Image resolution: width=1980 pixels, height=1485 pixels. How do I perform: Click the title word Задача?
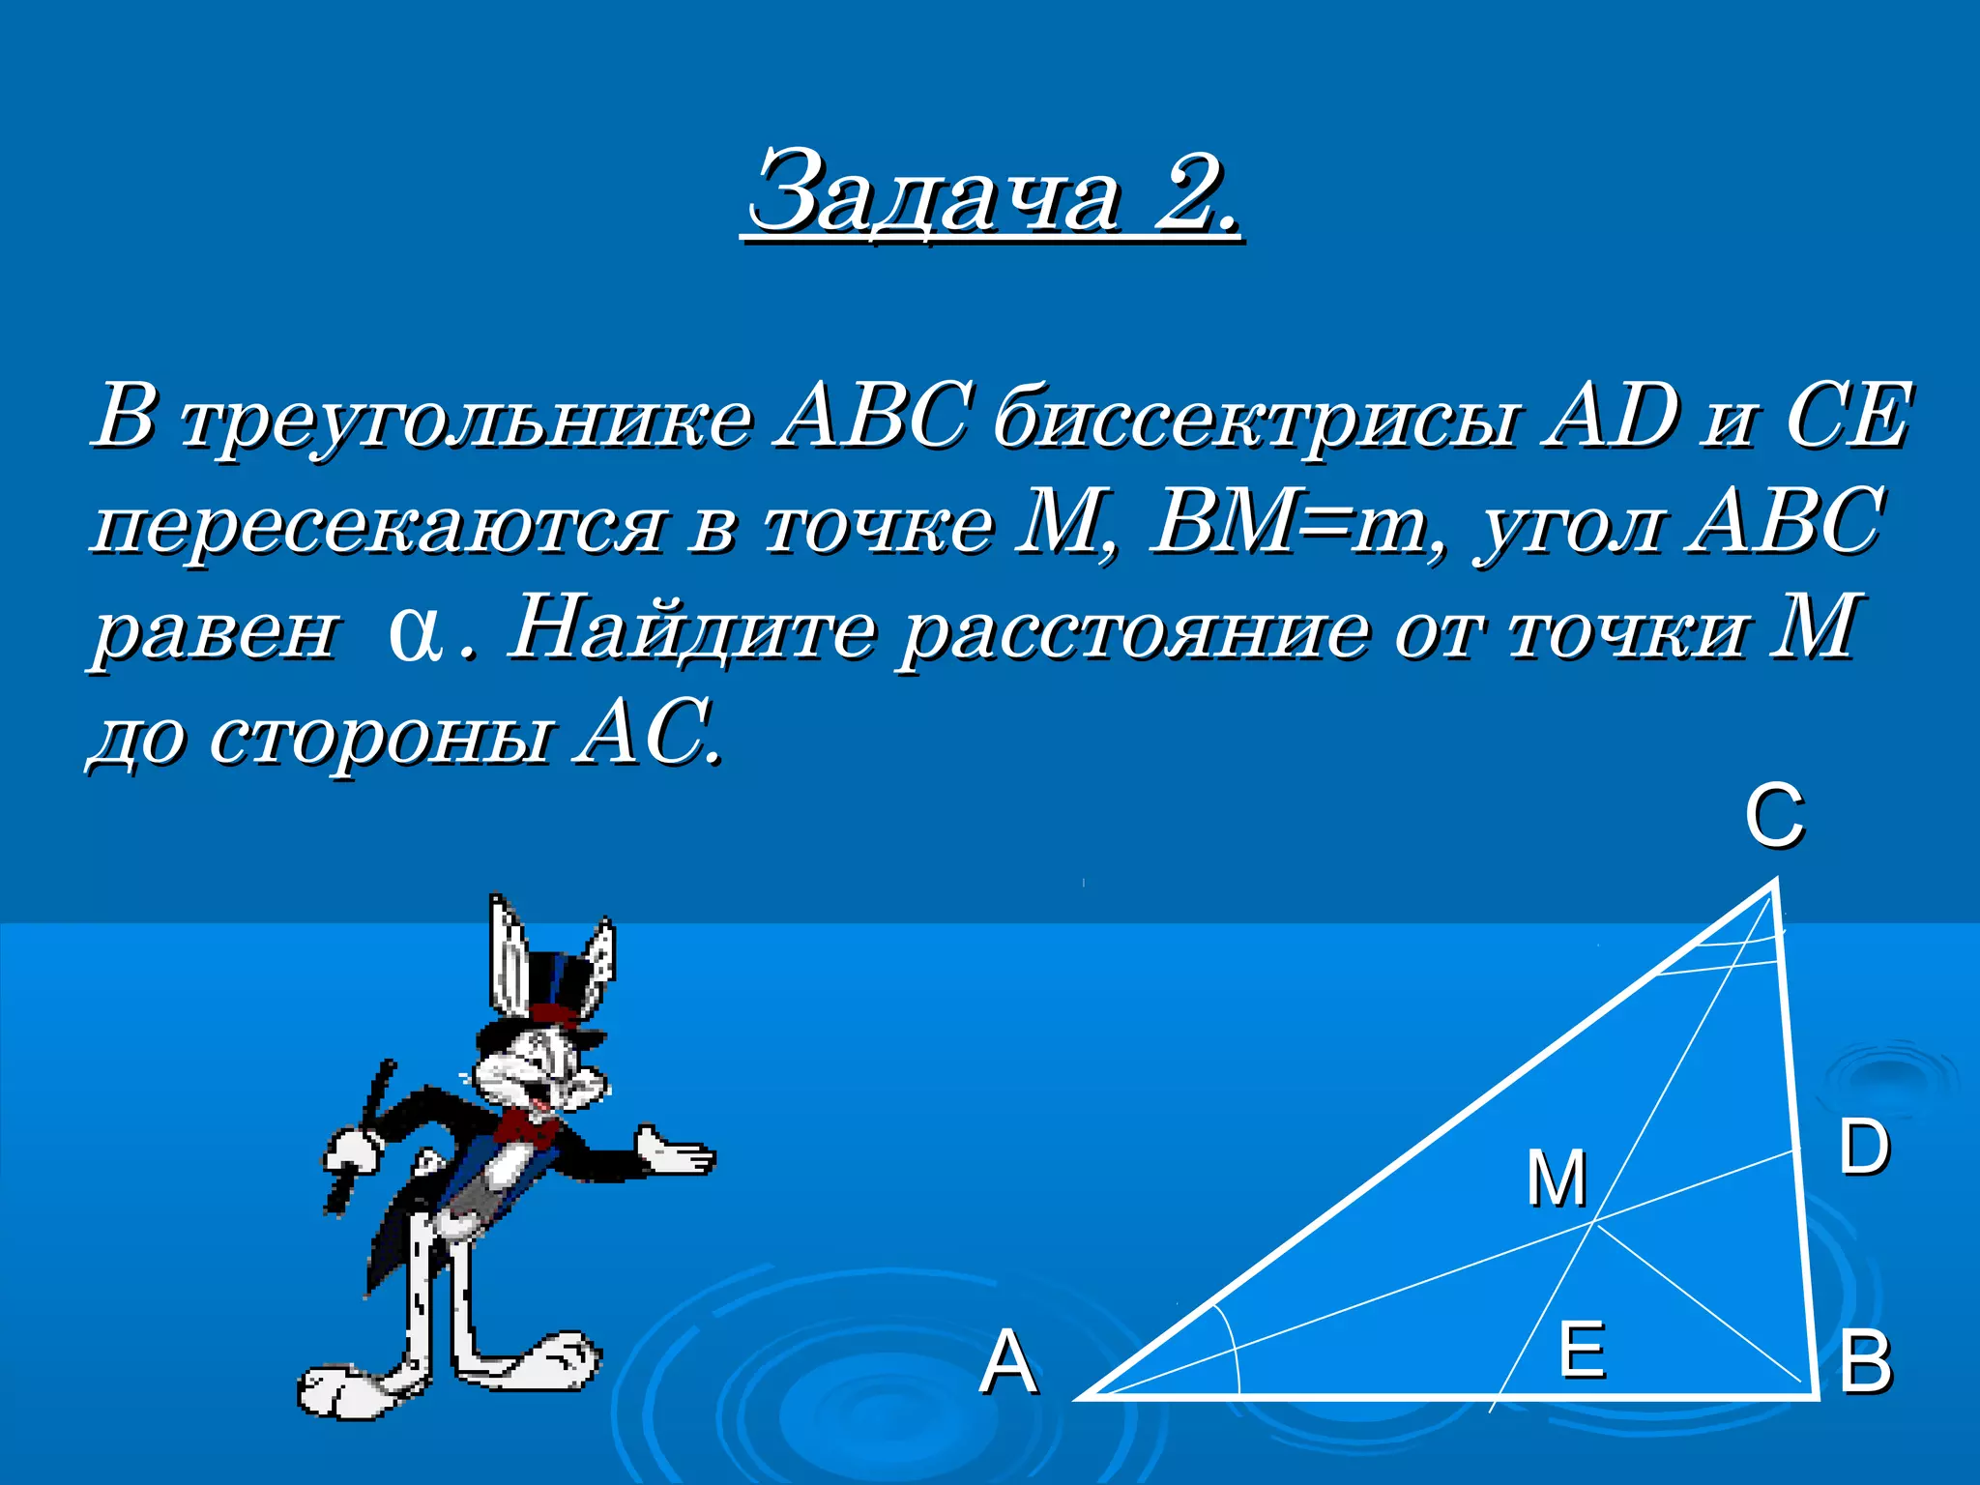point(936,193)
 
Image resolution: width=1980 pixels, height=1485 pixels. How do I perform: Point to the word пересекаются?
point(378,526)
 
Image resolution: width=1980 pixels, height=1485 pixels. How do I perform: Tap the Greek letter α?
point(411,634)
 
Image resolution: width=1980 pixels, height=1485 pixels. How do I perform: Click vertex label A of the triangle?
point(1008,1362)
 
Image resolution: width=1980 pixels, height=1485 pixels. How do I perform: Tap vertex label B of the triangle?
point(1865,1362)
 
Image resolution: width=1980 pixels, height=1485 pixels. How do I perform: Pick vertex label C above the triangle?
point(1774,817)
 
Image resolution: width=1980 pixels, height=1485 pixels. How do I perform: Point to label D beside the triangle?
point(1863,1148)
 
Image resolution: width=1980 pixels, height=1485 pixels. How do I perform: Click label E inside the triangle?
point(1583,1349)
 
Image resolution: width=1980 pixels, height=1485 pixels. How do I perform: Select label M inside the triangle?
point(1557,1179)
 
